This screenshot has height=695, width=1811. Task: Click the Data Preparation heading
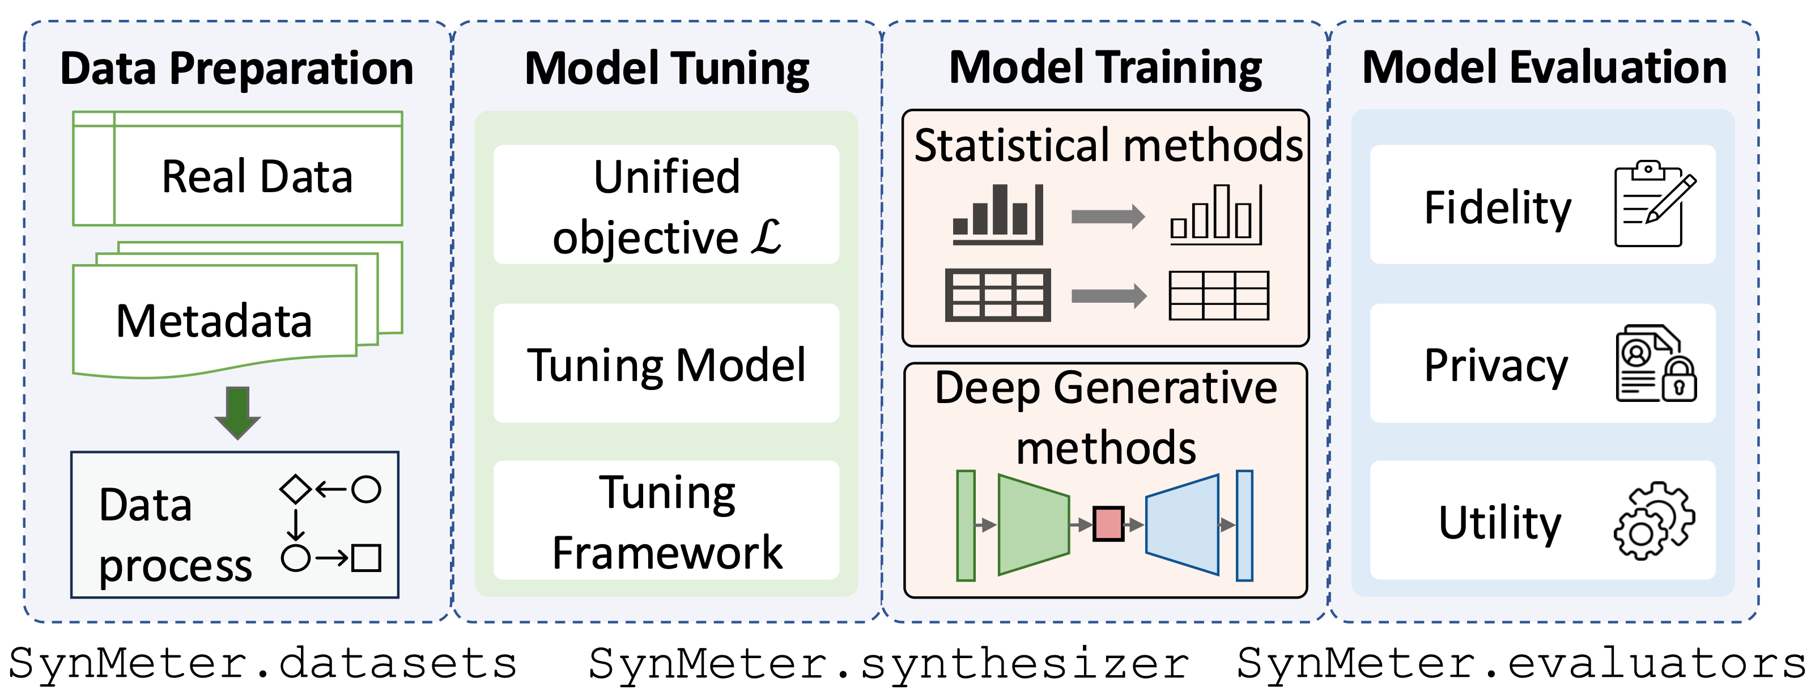pyautogui.click(x=237, y=69)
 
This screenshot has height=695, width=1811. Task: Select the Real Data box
pyautogui.click(x=237, y=169)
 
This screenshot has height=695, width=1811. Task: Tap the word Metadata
pyautogui.click(x=214, y=321)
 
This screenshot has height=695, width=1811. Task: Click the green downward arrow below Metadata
pyautogui.click(x=237, y=412)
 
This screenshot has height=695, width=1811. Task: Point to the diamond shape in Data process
pyautogui.click(x=295, y=489)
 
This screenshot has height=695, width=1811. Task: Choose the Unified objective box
pyautogui.click(x=666, y=205)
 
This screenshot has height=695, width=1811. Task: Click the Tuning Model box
pyautogui.click(x=666, y=364)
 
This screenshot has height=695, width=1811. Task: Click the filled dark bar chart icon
pyautogui.click(x=997, y=214)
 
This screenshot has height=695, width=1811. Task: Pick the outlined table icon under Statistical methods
pyautogui.click(x=1218, y=296)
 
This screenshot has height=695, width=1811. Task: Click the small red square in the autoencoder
pyautogui.click(x=1108, y=524)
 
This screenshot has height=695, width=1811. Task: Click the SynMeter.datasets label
pyautogui.click(x=262, y=663)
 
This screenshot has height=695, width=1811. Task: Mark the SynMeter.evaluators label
pyautogui.click(x=1521, y=663)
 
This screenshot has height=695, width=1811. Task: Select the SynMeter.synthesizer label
pyautogui.click(x=889, y=663)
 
